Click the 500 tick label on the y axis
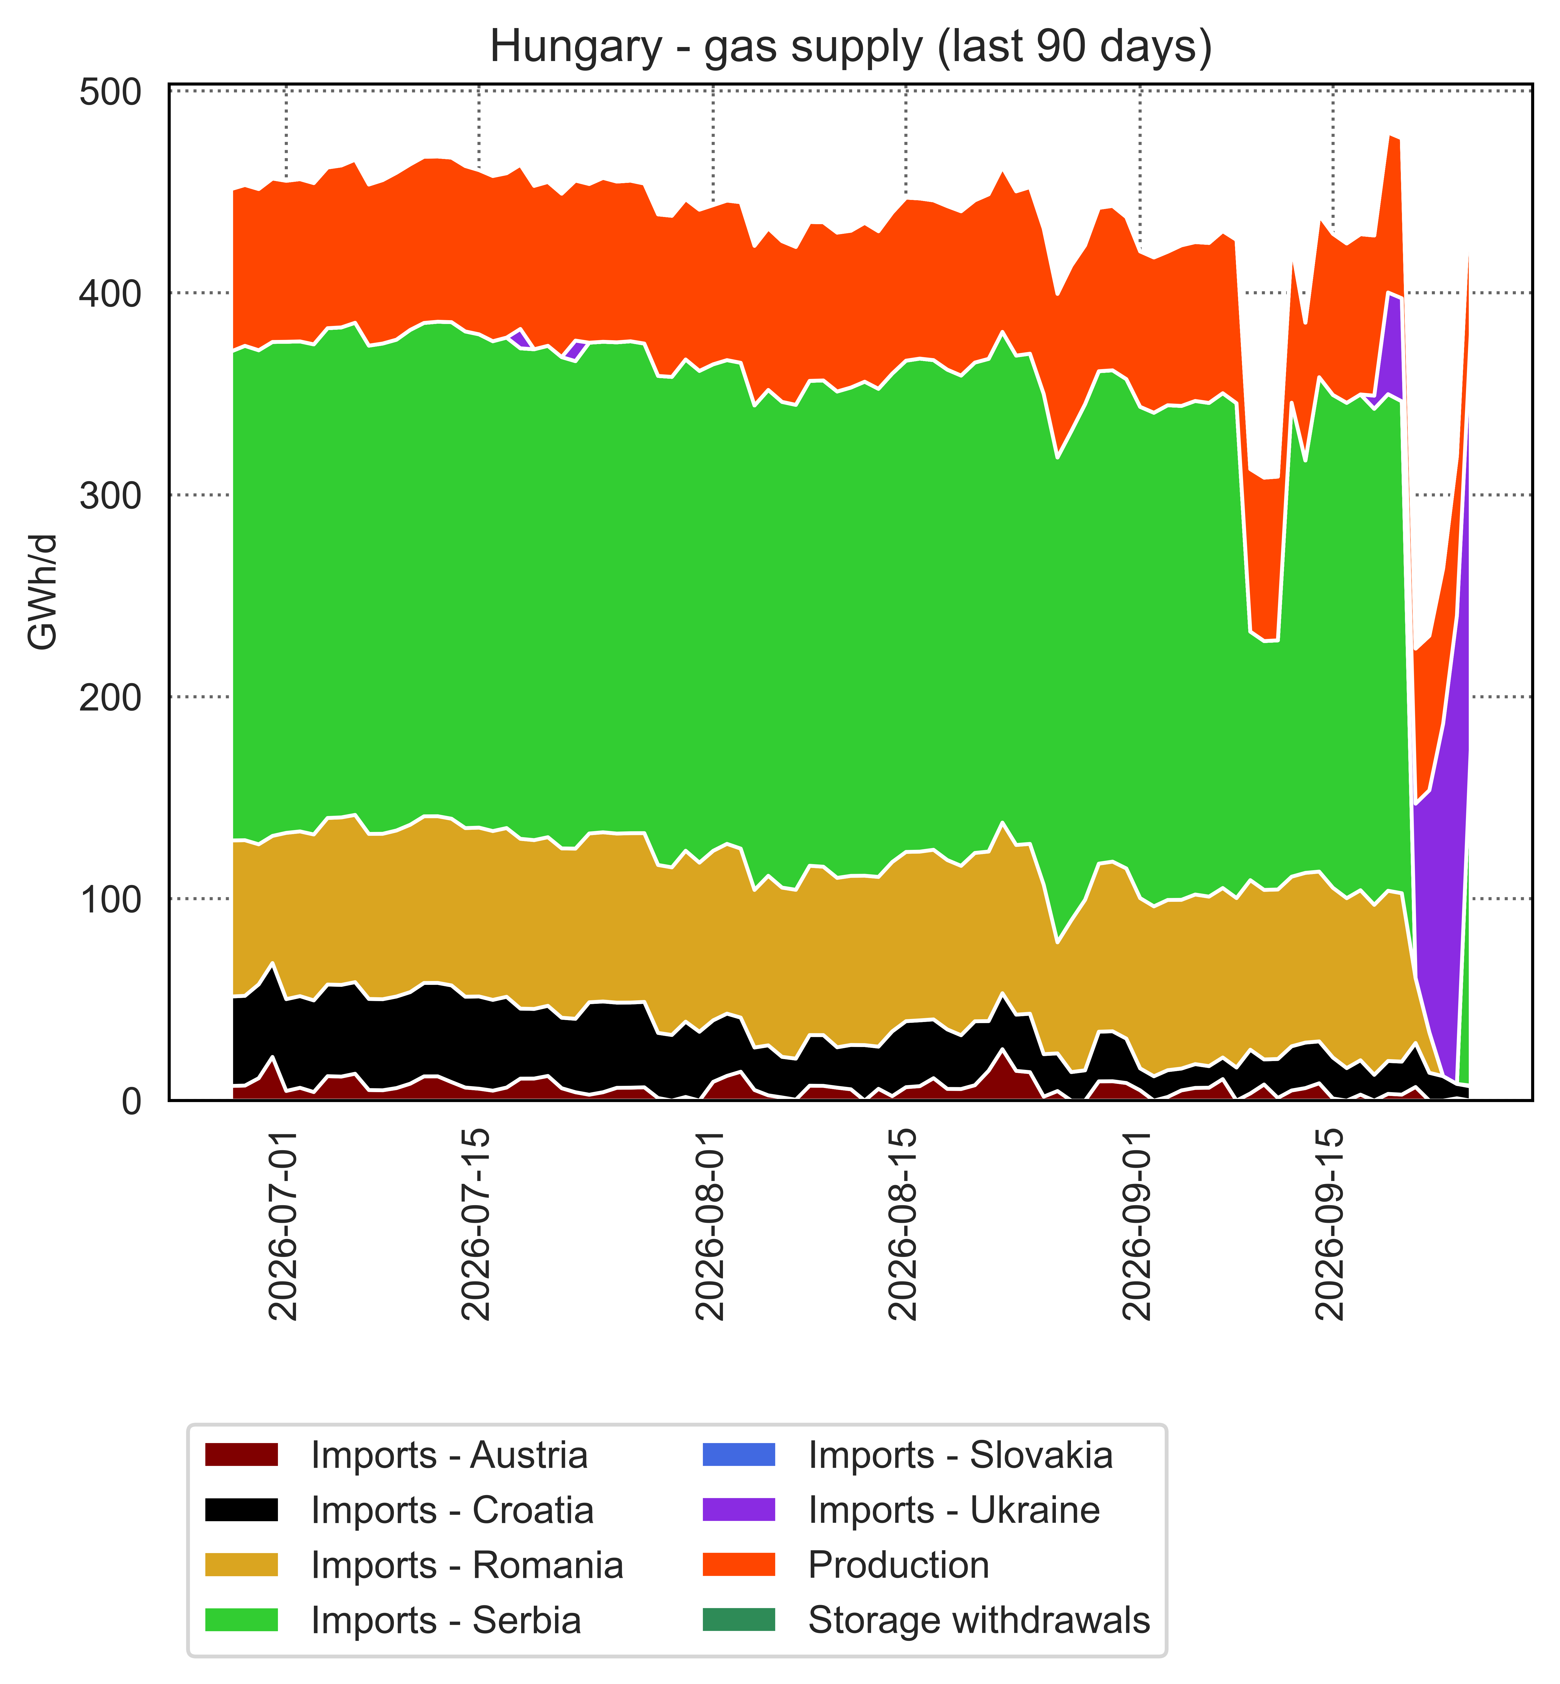[x=110, y=92]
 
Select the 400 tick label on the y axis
[x=110, y=293]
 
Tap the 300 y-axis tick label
[x=110, y=495]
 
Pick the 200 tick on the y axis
[x=110, y=697]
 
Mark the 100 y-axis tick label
[x=110, y=899]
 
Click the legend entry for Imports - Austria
[x=397, y=1455]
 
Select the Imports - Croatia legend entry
[x=399, y=1510]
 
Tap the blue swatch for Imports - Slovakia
[x=739, y=1455]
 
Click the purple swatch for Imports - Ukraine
[x=739, y=1510]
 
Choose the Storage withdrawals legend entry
[x=926, y=1620]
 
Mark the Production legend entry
[x=846, y=1565]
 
